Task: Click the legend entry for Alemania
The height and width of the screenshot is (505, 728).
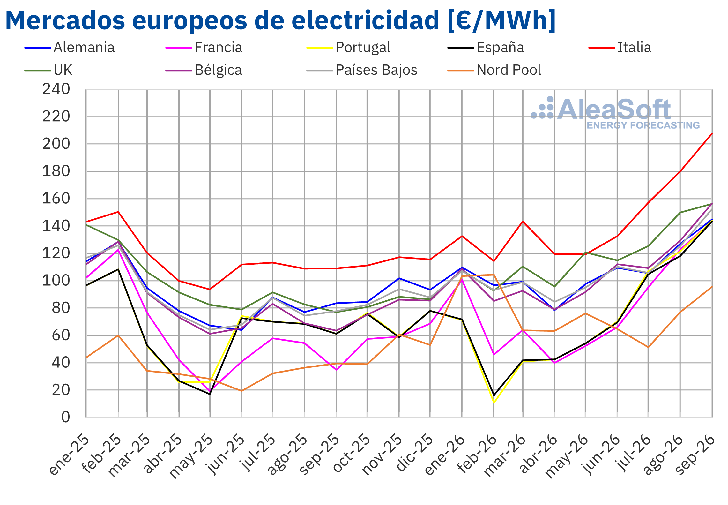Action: [x=70, y=48]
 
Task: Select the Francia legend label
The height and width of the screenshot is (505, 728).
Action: [x=204, y=48]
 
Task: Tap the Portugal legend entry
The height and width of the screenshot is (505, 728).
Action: [x=348, y=48]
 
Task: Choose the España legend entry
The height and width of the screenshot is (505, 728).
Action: [x=486, y=48]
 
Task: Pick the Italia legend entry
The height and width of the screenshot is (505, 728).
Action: [x=620, y=48]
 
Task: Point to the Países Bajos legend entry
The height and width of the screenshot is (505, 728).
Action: [x=362, y=70]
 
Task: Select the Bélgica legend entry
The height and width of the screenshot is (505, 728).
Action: [x=204, y=70]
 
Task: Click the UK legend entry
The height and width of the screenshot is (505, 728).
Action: [x=48, y=70]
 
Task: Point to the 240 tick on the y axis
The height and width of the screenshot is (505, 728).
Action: [x=56, y=89]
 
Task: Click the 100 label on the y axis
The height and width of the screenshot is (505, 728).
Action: [x=56, y=281]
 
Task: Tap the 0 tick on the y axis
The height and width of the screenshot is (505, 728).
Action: [x=66, y=417]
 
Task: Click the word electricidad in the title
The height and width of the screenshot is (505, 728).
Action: [x=365, y=20]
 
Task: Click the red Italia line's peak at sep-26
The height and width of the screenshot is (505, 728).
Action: [x=712, y=134]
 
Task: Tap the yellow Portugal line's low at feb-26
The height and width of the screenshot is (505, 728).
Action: [x=494, y=403]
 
